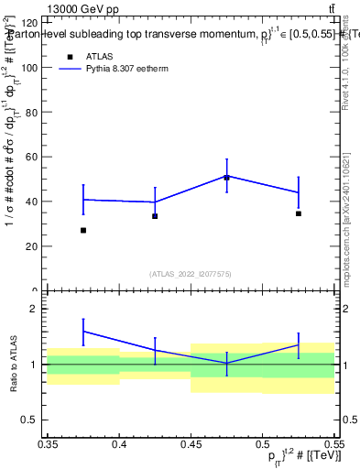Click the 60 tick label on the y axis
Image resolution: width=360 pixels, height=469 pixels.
32,157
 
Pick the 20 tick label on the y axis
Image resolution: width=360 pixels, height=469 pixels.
32,246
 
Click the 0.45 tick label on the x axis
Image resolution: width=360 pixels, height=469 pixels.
191,443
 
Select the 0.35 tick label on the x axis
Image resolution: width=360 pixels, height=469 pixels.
49,443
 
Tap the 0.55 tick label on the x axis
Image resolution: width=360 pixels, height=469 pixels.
333,443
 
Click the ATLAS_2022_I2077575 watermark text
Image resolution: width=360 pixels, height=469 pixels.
191,274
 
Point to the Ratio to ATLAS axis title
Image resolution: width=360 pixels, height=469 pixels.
12,364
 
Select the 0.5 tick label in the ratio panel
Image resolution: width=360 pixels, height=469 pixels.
32,420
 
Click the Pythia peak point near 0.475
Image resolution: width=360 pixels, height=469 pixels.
226,175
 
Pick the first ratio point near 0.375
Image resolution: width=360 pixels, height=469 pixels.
83,331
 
